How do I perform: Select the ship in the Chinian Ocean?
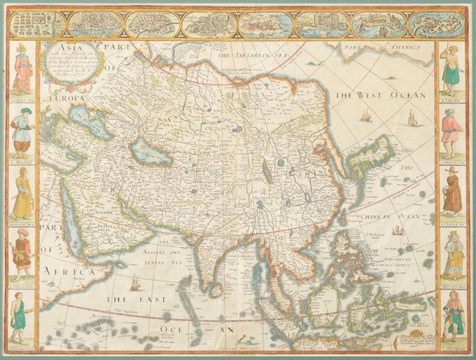click(396, 230)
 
